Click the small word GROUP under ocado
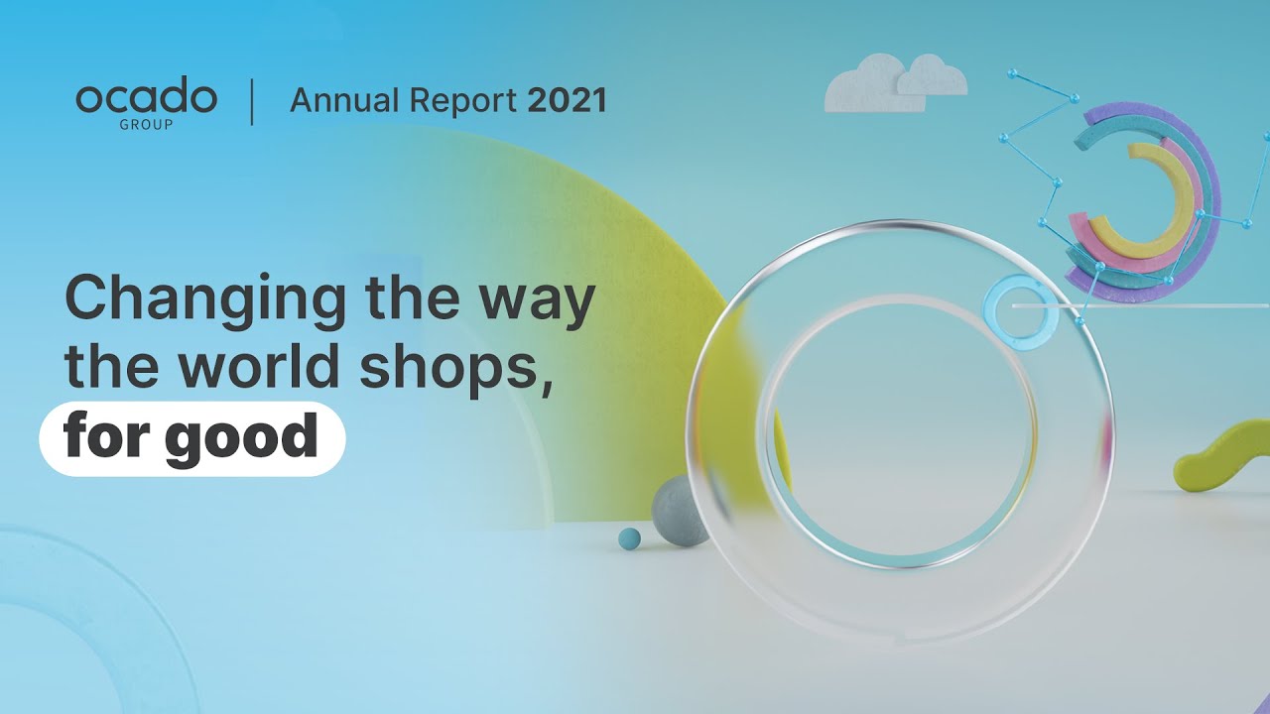[x=146, y=125]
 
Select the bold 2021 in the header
[x=567, y=100]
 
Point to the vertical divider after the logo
[x=252, y=103]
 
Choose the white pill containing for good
[x=191, y=438]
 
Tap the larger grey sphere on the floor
[x=679, y=510]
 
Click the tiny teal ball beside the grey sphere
[x=629, y=537]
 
